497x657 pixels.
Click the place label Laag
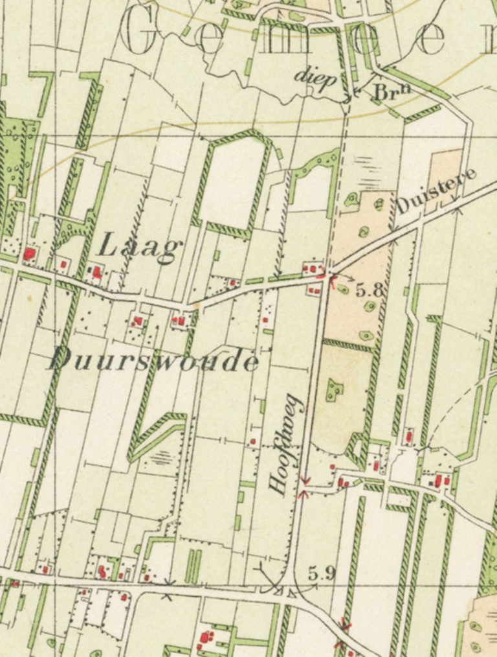coord(139,248)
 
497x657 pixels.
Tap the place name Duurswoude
coord(154,360)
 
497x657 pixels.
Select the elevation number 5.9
coord(322,573)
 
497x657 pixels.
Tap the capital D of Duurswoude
coord(61,358)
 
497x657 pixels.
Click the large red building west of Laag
coord(29,253)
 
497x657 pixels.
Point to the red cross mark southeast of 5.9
coord(345,626)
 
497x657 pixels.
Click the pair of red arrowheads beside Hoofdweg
coord(305,487)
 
